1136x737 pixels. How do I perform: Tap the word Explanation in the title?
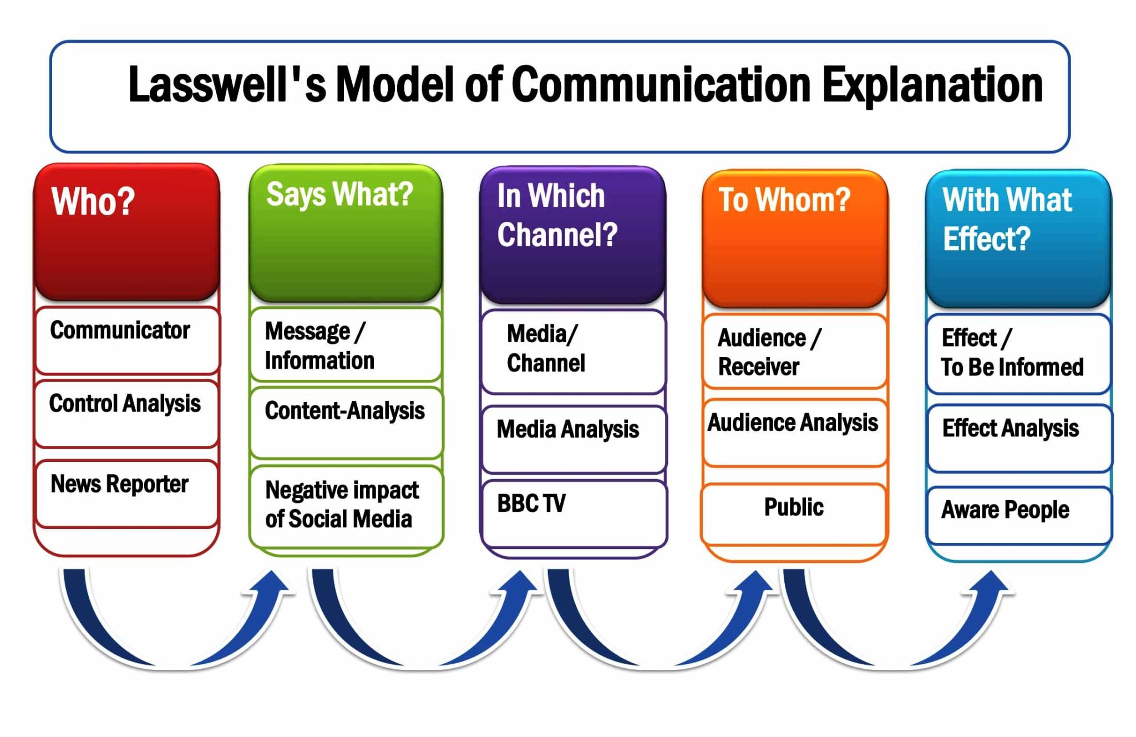coord(932,85)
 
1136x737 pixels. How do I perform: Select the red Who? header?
coord(127,232)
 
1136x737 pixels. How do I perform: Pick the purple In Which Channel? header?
coord(572,234)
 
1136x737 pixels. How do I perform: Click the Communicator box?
coord(127,340)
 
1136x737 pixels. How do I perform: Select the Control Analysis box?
coord(127,413)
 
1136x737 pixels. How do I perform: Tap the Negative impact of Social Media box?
coord(346,506)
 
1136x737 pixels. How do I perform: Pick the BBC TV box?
coord(574,513)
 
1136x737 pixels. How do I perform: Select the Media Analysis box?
coord(574,439)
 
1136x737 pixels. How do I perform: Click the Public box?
coord(794,513)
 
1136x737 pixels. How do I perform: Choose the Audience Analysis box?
coord(794,432)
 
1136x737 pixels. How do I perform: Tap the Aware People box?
coord(1019,514)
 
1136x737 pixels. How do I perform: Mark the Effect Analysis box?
coord(1019,438)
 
